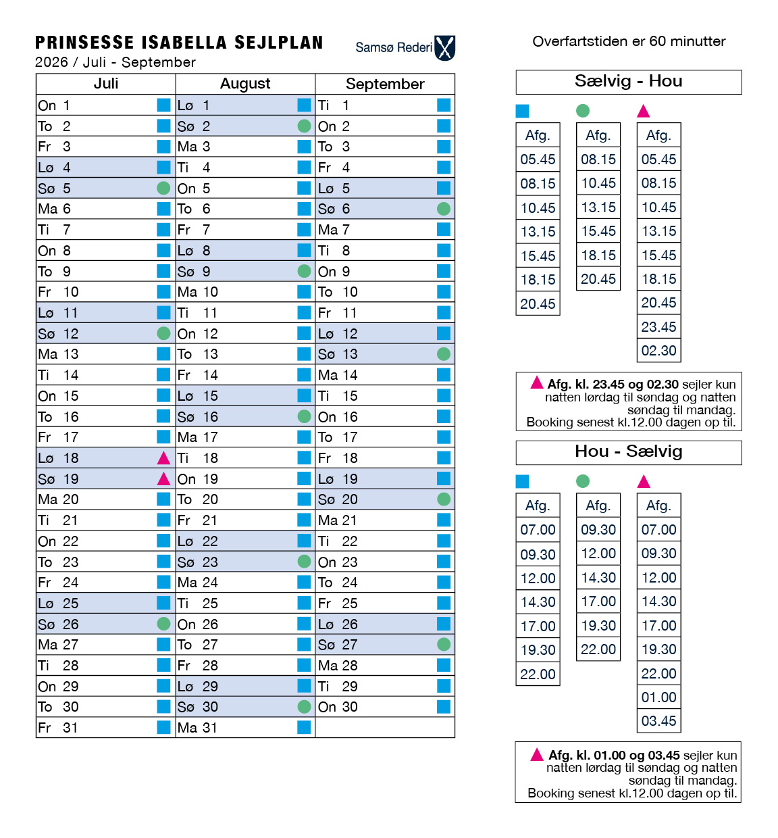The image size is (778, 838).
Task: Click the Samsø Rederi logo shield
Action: coord(445,48)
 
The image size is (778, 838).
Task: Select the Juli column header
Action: coord(106,84)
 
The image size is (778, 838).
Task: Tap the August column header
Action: coord(245,84)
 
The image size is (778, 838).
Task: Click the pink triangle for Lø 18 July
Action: coord(163,458)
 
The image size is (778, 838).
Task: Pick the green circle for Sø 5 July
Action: coord(163,188)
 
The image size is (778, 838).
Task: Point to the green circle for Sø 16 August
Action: coord(305,416)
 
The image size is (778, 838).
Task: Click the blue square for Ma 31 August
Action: coord(305,727)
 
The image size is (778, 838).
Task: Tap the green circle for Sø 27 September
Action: coord(444,644)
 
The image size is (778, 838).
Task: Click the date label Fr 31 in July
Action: coord(58,728)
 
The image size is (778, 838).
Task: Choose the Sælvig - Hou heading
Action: coord(628,82)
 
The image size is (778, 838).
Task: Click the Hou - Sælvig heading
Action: coord(628,451)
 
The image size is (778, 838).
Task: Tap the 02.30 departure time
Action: coord(658,351)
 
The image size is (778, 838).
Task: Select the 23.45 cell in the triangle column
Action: coord(658,327)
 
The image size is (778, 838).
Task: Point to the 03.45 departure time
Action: coord(658,721)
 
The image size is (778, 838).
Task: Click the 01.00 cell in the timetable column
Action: coord(658,697)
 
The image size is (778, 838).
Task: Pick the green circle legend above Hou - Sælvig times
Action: coord(583,481)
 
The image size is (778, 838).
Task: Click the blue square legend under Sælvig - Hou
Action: coord(522,111)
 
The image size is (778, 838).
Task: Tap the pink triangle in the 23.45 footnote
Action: coord(537,383)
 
